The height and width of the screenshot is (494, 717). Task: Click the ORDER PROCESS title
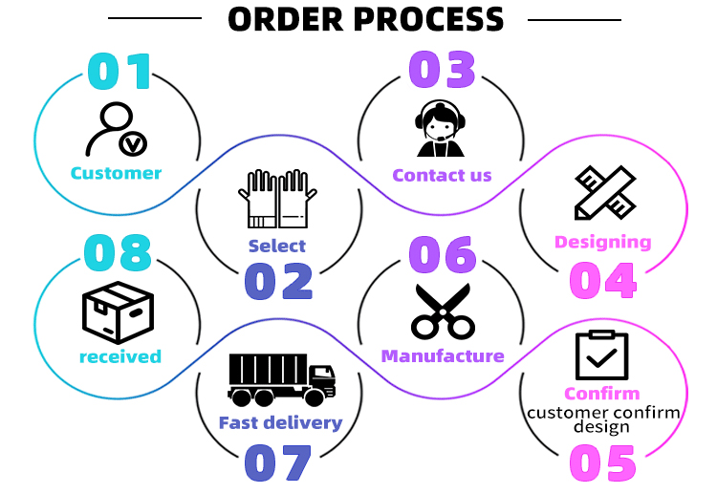coord(365,19)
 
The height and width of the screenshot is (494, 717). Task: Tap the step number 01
coord(119,71)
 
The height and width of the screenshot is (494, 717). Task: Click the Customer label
coord(116,173)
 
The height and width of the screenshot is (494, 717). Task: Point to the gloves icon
coord(277,199)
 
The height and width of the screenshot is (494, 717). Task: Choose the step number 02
coord(278,281)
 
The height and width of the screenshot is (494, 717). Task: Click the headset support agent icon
coord(441,130)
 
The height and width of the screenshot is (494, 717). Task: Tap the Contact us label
coord(442,175)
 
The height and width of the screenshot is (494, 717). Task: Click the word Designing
coord(603,242)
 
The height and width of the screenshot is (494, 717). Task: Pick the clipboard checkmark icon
coord(602,355)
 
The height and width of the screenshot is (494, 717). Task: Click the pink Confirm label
coord(602,394)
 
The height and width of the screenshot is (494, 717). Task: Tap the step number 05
coord(602,463)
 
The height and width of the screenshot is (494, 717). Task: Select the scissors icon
coord(443,311)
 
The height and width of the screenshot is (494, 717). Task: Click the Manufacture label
coord(443,356)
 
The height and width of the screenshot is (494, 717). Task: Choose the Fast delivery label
coord(280,422)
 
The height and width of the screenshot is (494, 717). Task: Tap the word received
coord(119,356)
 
